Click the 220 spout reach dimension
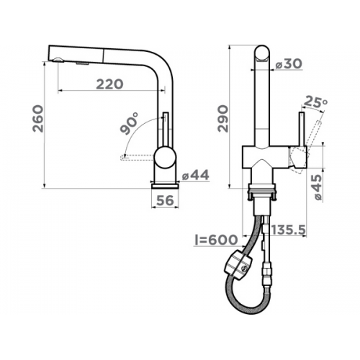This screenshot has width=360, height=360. pos(109,84)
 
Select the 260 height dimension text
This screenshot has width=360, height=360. pos(38,119)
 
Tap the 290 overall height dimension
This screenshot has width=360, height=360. pos(223,119)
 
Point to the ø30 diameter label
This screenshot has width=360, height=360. pos(289,64)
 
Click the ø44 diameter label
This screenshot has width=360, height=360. pos(196,175)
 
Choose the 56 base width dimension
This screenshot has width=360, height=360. pos(165,200)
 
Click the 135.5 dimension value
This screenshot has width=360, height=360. pos(289,230)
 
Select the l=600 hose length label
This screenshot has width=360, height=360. pos(216,240)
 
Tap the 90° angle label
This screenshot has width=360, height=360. pos(130,123)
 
